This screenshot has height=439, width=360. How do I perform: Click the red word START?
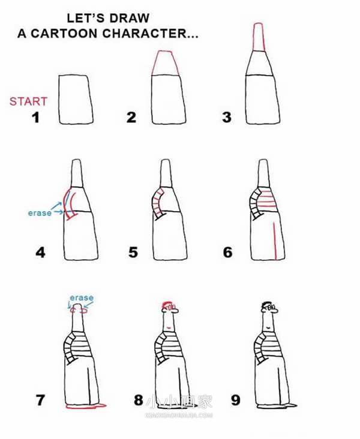coord(28,101)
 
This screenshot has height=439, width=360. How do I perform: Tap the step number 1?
coord(35,118)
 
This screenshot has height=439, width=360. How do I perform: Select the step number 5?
coord(133,252)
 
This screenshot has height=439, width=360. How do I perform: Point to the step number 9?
coord(236,400)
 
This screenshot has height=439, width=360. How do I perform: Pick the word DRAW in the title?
coord(129,19)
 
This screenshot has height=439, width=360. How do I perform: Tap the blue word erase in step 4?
coord(40,213)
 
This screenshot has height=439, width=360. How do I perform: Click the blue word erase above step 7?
coord(82,297)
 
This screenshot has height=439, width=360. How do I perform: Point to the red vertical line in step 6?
coord(275,240)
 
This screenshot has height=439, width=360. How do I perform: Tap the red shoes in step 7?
coord(86,405)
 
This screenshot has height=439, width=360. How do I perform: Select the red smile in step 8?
coord(169,327)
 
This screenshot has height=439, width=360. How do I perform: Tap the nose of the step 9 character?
coord(276,310)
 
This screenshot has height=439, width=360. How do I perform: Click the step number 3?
coord(227,118)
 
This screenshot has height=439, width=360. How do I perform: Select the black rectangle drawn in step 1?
coord(76,100)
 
